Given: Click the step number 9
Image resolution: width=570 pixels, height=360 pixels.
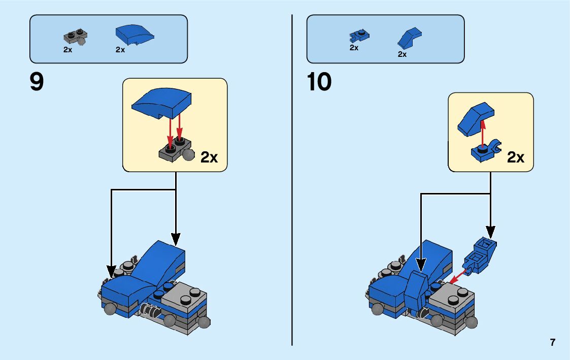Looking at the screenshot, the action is (37, 82).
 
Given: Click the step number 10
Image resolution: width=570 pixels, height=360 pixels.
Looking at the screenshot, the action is (319, 82).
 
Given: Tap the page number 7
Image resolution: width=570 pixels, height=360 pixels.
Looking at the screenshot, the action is (552, 343).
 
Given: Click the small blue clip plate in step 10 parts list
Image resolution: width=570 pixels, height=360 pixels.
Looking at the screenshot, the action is (359, 36).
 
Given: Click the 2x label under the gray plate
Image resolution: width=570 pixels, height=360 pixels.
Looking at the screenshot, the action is (68, 50).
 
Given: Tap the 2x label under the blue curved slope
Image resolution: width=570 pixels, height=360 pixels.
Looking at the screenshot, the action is (120, 50).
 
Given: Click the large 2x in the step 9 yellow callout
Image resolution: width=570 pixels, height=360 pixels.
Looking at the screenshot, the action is (209, 157).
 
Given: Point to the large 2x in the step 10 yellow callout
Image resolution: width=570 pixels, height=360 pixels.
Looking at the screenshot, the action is (516, 157).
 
